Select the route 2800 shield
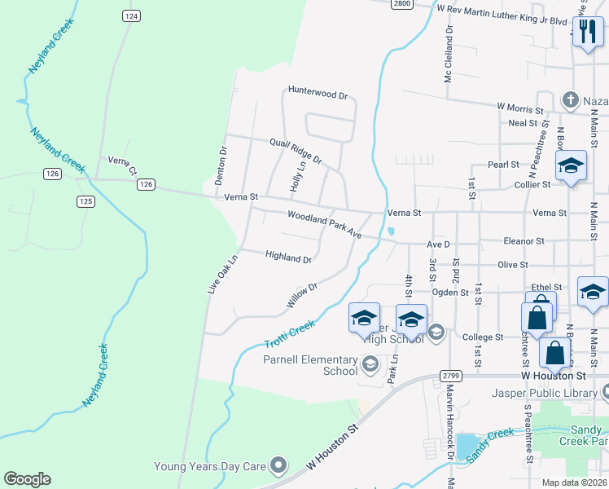(401, 3)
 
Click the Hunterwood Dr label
(318, 94)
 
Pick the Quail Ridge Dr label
(296, 150)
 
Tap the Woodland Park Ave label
(324, 224)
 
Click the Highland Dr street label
(288, 258)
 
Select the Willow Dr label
(300, 296)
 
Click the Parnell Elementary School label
(310, 365)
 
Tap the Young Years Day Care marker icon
(279, 466)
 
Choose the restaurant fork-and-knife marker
(587, 33)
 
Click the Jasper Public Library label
(544, 393)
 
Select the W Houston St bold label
(553, 377)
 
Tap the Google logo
(27, 479)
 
